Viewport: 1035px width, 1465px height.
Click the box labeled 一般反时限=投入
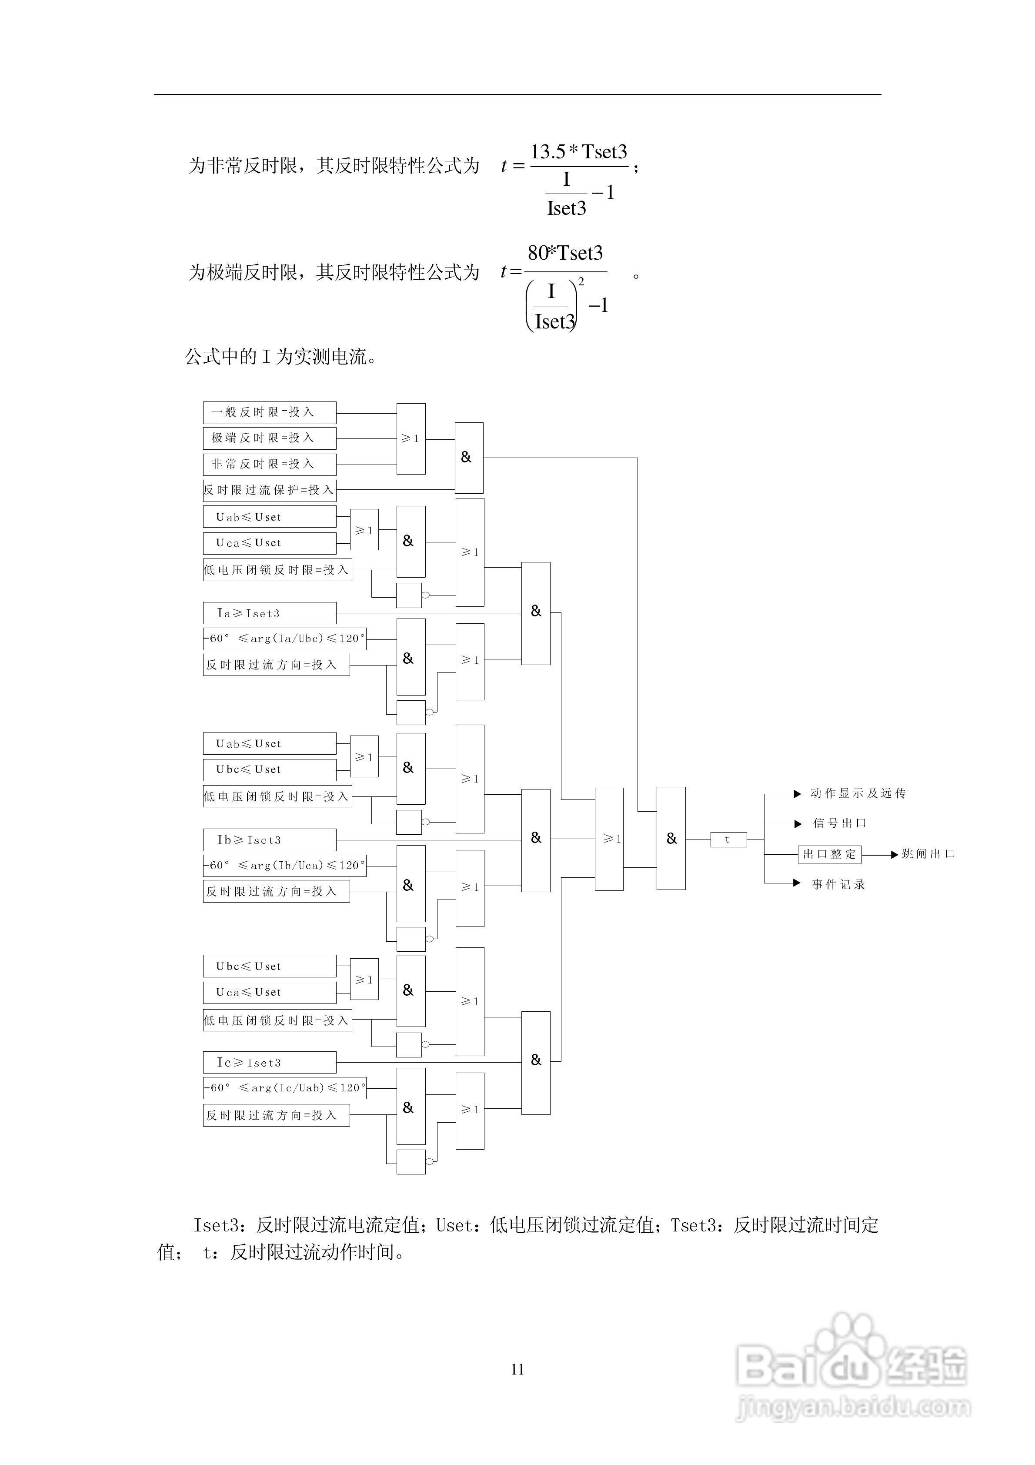pos(269,412)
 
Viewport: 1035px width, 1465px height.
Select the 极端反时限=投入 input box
pos(269,438)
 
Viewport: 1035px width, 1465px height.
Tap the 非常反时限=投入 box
pos(269,464)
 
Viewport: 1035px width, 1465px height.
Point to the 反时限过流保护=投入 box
pos(269,490)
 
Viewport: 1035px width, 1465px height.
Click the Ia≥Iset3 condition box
pos(269,613)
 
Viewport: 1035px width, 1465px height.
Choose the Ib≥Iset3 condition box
pos(269,840)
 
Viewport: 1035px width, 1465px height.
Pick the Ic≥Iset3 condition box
pos(269,1062)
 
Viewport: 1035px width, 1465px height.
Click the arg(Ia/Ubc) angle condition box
pos(284,639)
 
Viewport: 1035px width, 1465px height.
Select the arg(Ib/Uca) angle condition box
pos(284,865)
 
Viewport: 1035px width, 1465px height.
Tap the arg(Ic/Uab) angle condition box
pos(284,1088)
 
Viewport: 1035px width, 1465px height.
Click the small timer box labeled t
pos(728,840)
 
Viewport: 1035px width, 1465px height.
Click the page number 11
pos(517,1369)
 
